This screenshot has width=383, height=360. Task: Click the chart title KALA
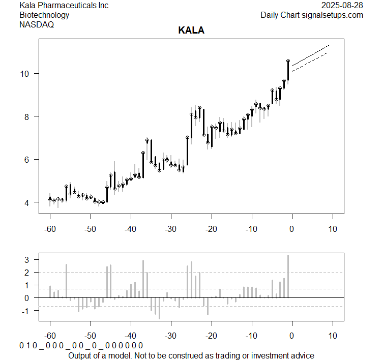(x=191, y=31)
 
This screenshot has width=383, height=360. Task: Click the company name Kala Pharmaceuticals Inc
(x=64, y=5)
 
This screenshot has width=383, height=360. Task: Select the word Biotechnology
(x=44, y=15)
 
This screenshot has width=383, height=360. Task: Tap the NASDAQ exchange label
(x=37, y=24)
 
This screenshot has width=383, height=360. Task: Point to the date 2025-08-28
(x=343, y=5)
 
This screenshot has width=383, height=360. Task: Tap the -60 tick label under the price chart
(x=50, y=229)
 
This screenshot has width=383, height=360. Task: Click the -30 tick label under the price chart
(x=171, y=229)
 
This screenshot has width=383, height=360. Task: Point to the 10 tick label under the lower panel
(x=332, y=336)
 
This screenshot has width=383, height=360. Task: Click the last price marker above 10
(x=288, y=61)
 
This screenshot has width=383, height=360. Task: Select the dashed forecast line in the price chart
(x=310, y=62)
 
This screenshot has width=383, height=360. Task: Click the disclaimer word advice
(x=302, y=355)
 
